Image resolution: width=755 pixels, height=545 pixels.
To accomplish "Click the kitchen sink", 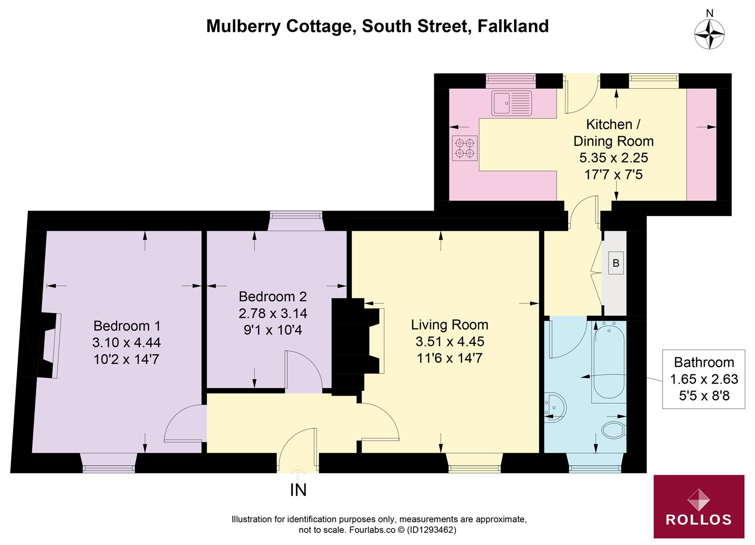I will point(512,103).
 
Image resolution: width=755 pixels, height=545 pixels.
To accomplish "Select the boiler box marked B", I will point(616,263).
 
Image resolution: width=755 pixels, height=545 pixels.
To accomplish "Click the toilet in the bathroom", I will point(614,429).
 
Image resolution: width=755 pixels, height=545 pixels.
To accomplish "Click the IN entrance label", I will point(298,490).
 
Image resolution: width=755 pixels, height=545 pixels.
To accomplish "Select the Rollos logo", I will point(698,506).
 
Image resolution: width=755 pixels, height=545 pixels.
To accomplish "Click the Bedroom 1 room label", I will point(127,325).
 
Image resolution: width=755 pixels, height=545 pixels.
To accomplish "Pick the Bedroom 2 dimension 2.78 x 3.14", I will point(273,313).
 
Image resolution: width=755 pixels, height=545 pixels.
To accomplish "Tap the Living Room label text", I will point(449,324).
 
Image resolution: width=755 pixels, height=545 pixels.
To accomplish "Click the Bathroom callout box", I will point(703,378).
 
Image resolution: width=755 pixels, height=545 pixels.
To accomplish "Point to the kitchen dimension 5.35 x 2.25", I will point(613,158).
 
